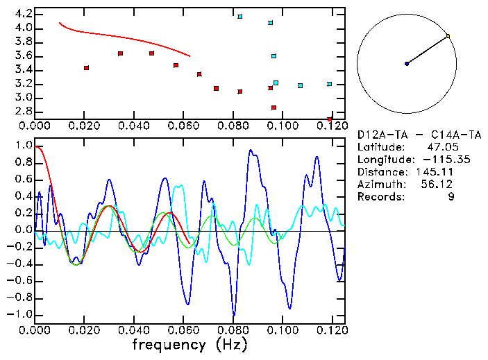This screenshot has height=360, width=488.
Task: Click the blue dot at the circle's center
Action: pos(407,64)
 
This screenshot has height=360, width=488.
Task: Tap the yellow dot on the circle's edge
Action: pos(448,36)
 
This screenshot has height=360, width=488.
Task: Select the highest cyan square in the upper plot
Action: pos(240,17)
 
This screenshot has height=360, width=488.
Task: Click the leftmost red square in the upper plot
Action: pos(86,68)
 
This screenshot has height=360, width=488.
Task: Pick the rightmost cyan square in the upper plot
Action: pos(330,84)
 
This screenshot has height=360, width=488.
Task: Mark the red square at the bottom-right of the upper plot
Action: pos(330,119)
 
